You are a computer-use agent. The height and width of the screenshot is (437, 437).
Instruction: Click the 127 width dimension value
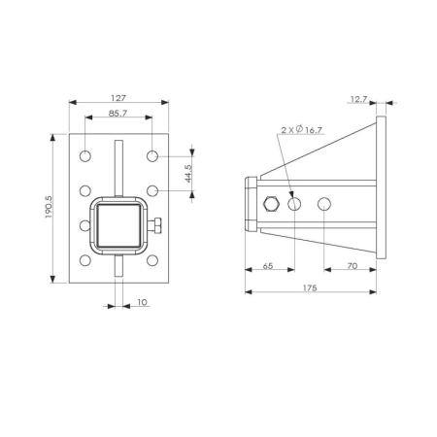118,98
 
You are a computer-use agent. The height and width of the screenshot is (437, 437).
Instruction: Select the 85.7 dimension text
118,114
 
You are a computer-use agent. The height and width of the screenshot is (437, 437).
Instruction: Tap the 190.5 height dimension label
49,207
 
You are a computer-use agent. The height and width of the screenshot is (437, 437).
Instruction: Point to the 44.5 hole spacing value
188,174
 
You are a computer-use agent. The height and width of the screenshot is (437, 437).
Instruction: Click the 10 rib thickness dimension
142,302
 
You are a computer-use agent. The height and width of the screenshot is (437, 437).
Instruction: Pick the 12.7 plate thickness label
358,99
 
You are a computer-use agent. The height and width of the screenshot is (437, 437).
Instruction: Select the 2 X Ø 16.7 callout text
302,130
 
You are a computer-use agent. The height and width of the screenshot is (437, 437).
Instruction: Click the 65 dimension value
268,266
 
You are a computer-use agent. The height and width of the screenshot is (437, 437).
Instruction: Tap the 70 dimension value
353,266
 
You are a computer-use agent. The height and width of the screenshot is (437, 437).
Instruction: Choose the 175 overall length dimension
310,287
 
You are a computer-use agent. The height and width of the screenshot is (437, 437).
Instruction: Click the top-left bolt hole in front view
85,156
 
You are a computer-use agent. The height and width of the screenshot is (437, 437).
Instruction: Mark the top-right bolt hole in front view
152,156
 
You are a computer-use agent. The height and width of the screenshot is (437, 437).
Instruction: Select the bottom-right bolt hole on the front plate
152,260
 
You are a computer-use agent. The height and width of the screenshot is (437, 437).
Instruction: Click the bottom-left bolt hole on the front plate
85,260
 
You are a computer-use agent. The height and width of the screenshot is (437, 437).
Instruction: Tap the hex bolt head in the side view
272,204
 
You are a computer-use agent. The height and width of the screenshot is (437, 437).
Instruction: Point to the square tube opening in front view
118,225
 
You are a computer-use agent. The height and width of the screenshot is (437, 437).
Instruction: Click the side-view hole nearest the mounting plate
324,204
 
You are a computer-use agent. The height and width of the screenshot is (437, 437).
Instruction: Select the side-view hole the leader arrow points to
294,204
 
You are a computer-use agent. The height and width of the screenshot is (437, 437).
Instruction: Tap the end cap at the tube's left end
252,204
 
